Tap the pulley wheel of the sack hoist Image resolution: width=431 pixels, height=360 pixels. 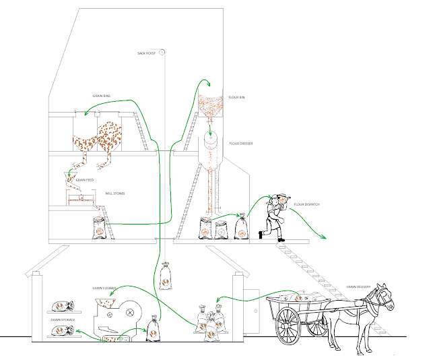coord(162,53)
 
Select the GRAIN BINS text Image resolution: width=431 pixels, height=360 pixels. coord(102,96)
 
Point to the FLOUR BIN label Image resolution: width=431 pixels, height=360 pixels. coord(237,98)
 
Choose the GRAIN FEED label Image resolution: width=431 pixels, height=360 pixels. coord(85,180)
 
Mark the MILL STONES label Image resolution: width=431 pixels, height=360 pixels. coord(116,193)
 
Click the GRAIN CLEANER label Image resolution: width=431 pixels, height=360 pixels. coord(104,288)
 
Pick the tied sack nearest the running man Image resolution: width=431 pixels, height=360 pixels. coord(240,227)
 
